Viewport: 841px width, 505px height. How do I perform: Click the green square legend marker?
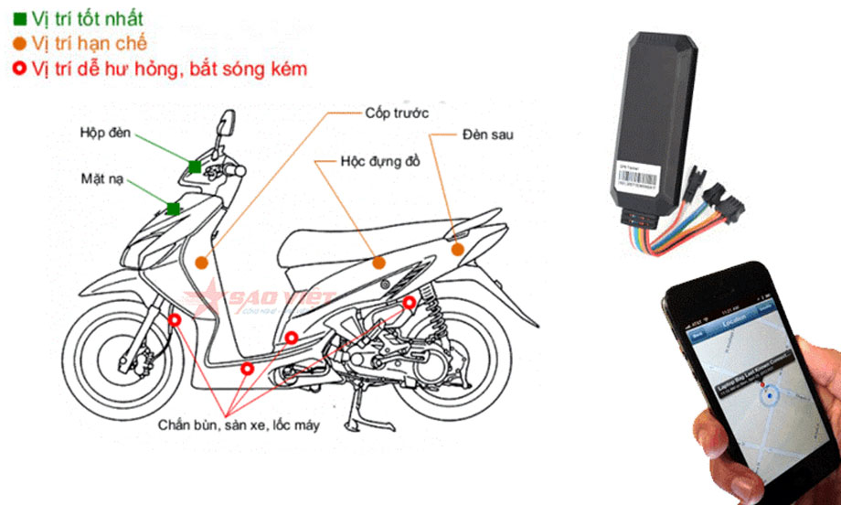pyautogui.click(x=18, y=18)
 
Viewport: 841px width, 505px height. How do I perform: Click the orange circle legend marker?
pyautogui.click(x=18, y=43)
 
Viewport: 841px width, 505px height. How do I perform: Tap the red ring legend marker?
pyautogui.click(x=18, y=69)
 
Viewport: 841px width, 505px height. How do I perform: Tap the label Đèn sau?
pyautogui.click(x=487, y=134)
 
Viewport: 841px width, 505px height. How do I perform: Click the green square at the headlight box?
pyautogui.click(x=195, y=166)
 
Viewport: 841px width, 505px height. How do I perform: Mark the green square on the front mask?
pyautogui.click(x=174, y=209)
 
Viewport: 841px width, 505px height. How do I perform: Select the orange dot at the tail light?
pyautogui.click(x=457, y=248)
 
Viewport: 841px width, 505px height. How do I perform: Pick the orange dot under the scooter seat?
pyautogui.click(x=379, y=263)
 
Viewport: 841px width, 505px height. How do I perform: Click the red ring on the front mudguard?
pyautogui.click(x=174, y=319)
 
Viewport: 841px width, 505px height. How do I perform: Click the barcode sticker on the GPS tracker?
pyautogui.click(x=637, y=170)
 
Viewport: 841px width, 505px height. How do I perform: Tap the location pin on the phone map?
pyautogui.click(x=770, y=395)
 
